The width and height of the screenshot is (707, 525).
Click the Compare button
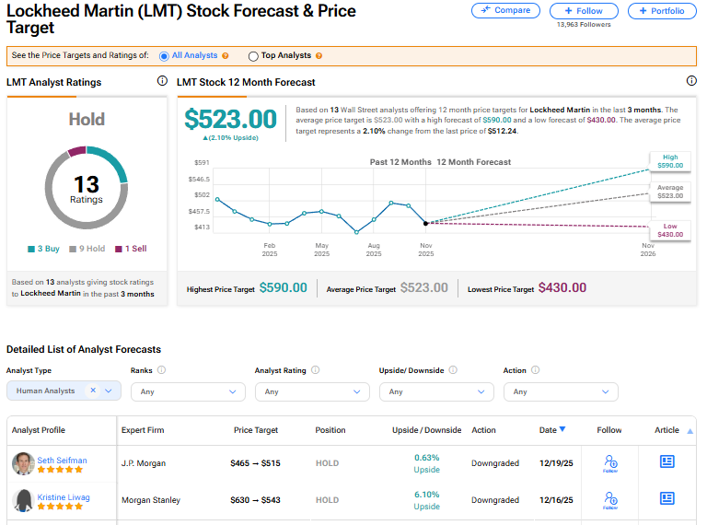pos(506,11)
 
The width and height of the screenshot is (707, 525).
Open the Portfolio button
pos(662,11)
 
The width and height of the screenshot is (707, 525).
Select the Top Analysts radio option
pos(253,56)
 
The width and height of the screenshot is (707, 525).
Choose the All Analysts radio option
pos(165,56)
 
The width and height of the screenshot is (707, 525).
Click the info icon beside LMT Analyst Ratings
pos(162,82)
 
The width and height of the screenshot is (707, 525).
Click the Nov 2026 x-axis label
pos(648,250)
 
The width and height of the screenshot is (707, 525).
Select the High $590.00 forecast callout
pos(670,162)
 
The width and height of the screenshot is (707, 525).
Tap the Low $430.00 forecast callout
pos(670,230)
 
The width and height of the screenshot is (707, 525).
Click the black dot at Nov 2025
pos(425,223)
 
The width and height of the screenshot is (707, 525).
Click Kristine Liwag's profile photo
pos(23,500)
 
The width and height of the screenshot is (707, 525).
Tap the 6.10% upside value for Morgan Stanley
pos(426,495)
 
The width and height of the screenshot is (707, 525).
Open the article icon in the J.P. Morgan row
pos(667,461)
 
